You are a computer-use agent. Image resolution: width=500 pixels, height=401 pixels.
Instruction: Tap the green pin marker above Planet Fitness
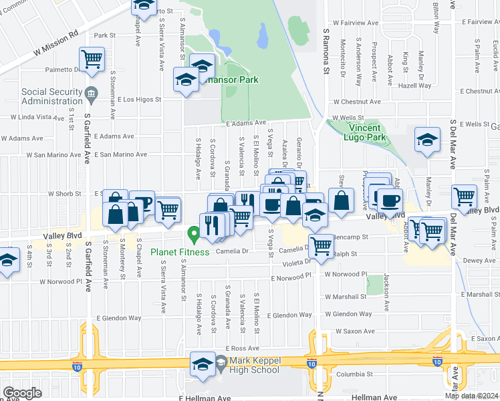tap(194, 235)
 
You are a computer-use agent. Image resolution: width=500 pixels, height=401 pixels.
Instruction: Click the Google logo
tap(22, 392)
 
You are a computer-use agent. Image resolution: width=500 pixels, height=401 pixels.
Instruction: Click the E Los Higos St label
tap(139, 100)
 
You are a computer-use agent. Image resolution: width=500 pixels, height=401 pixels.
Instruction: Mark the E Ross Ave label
tap(242, 348)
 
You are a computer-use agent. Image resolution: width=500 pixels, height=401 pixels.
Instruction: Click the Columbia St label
tap(353, 374)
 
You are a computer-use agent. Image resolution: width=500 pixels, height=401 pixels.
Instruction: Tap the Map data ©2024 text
tap(471, 396)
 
